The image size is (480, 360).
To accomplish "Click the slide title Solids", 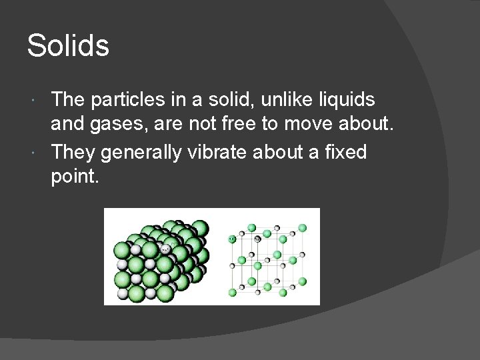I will (x=67, y=46).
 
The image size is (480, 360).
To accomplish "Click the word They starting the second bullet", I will (x=73, y=152).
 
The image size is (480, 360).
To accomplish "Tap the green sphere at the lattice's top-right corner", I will (x=302, y=228).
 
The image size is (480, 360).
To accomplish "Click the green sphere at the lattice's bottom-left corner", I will (x=233, y=292).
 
